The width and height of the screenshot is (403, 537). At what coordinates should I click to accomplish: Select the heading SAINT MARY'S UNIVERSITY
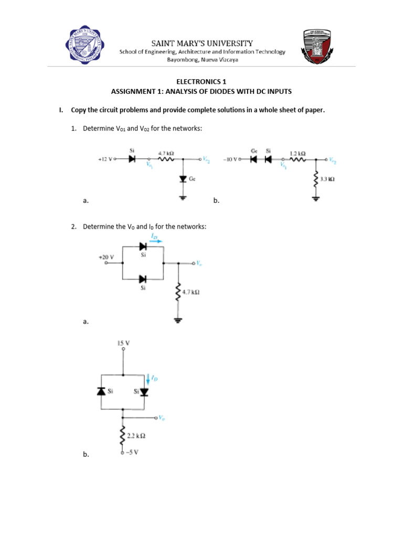click(202, 43)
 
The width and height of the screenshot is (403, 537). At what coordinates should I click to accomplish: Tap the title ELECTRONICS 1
click(201, 82)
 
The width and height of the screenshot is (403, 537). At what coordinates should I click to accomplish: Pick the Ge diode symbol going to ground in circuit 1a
click(183, 179)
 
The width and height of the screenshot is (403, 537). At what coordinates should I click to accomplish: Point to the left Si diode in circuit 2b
click(101, 391)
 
